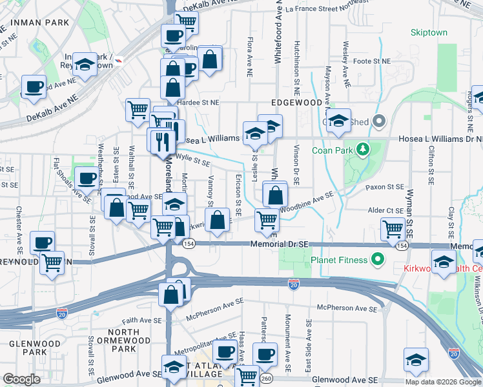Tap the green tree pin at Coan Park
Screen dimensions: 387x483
pos(364,150)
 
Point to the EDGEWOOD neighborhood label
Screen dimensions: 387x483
pos(296,103)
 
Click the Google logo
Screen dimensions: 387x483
pos(21,379)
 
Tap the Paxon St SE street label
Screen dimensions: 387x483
pos(384,187)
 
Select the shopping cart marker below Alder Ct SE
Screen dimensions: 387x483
pos(393,228)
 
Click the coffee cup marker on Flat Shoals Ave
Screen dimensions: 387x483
pos(87,178)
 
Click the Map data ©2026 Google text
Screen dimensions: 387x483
pos(443,382)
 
